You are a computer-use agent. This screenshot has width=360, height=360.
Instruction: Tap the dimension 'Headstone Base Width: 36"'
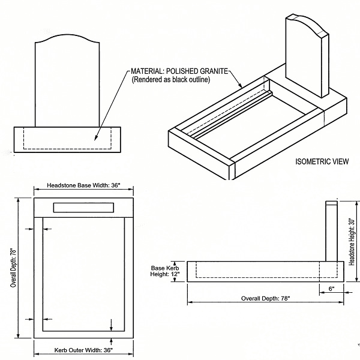point(83,185)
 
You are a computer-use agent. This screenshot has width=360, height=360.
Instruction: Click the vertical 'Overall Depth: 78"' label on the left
point(13,266)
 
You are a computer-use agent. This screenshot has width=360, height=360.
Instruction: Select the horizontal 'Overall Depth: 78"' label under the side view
point(265,298)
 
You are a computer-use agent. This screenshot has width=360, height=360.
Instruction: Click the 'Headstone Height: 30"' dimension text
point(352,241)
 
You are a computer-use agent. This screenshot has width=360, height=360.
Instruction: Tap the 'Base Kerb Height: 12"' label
point(165,270)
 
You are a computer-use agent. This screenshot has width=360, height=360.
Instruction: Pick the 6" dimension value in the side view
point(331,288)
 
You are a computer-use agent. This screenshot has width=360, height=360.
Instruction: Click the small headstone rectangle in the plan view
point(83,208)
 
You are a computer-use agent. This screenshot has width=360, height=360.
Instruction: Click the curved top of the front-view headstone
point(67,40)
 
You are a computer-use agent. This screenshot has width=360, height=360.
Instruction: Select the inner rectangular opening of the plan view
point(83,273)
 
